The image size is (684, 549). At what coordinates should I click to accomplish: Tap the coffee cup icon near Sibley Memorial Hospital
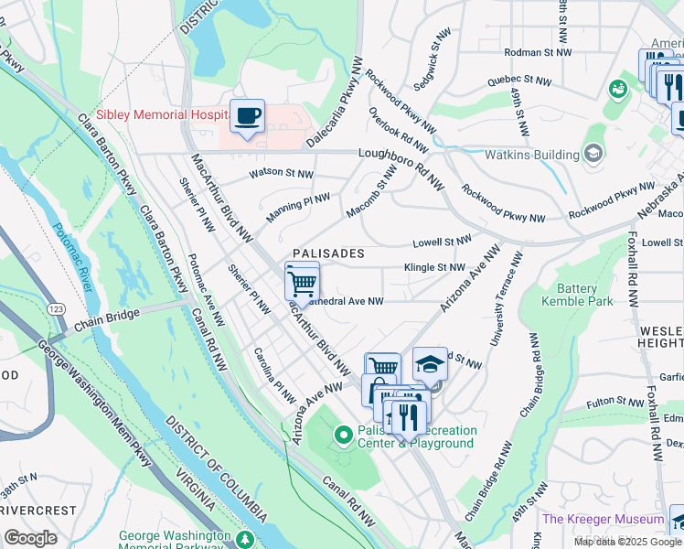(247, 117)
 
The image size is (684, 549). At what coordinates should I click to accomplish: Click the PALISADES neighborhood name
(328, 253)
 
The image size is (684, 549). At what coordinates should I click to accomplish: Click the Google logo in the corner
(30, 538)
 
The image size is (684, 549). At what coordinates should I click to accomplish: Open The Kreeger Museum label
(602, 519)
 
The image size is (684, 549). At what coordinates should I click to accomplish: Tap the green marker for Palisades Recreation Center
(344, 435)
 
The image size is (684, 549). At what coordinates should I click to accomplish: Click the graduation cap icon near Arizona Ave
(430, 364)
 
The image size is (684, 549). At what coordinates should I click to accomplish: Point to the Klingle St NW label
(435, 267)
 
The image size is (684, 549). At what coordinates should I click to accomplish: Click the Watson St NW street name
(282, 173)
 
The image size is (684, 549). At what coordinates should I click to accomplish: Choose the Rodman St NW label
(536, 51)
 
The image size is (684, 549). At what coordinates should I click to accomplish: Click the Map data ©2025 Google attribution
(627, 542)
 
